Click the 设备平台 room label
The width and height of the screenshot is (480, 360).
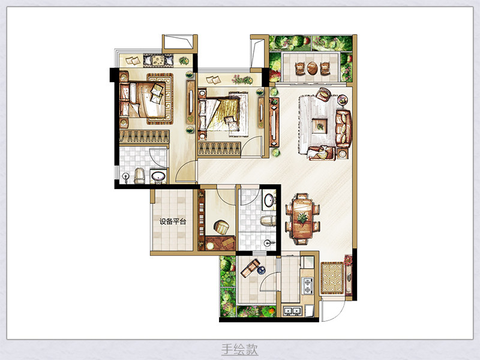click(173, 221)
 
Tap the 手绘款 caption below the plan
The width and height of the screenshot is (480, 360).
click(239, 349)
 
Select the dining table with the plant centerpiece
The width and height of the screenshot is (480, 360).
click(302, 218)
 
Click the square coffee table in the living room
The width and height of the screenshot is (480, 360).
click(320, 126)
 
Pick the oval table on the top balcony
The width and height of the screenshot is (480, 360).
click(312, 68)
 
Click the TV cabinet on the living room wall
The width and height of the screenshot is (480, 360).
click(274, 122)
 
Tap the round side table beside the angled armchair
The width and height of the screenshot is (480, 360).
click(342, 100)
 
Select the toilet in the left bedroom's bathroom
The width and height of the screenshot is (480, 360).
click(139, 176)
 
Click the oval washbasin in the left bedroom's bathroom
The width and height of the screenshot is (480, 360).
click(158, 176)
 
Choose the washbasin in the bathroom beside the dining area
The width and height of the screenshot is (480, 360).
click(269, 200)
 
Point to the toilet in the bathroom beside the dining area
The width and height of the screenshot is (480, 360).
click(268, 220)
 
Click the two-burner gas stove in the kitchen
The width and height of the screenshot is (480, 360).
click(307, 286)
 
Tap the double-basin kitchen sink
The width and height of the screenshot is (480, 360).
click(292, 311)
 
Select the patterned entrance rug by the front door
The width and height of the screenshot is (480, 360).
click(332, 278)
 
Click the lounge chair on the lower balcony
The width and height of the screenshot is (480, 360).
click(250, 268)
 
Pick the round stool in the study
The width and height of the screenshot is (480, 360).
click(221, 227)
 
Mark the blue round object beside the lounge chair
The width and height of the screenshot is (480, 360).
click(261, 271)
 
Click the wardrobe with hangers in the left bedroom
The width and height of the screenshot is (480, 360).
click(144, 137)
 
